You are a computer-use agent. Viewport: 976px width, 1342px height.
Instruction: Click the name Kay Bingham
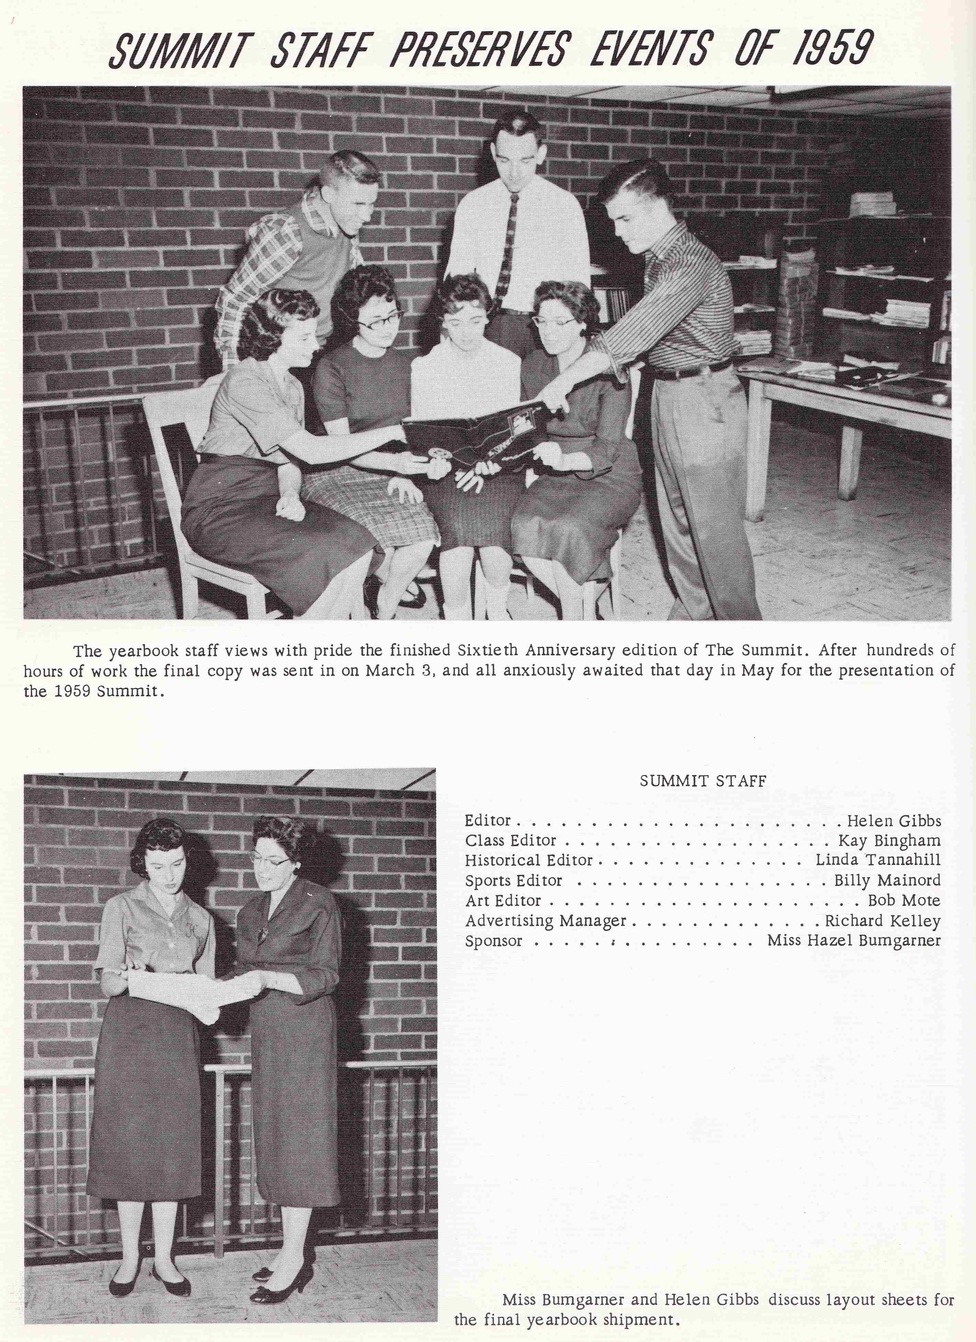(x=889, y=841)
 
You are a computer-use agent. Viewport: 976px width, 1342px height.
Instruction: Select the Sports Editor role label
(x=513, y=881)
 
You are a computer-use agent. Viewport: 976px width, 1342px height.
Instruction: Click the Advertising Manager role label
(x=545, y=921)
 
